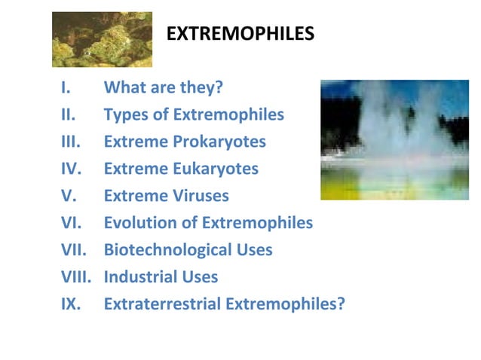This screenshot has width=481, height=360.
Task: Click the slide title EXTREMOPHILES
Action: tap(240, 35)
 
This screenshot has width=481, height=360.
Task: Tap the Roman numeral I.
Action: tap(66, 87)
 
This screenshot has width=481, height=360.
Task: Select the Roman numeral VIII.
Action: tap(75, 277)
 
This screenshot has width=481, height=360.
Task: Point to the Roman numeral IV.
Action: tap(70, 169)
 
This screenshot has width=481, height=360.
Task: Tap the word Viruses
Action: tap(198, 196)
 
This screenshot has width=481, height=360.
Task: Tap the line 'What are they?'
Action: tap(164, 87)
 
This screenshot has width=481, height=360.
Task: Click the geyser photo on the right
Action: tap(394, 139)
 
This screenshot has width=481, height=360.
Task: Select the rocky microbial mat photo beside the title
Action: tap(102, 39)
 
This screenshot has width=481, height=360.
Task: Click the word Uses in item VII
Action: tap(252, 250)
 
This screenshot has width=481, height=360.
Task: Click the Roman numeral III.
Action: tap(69, 142)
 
